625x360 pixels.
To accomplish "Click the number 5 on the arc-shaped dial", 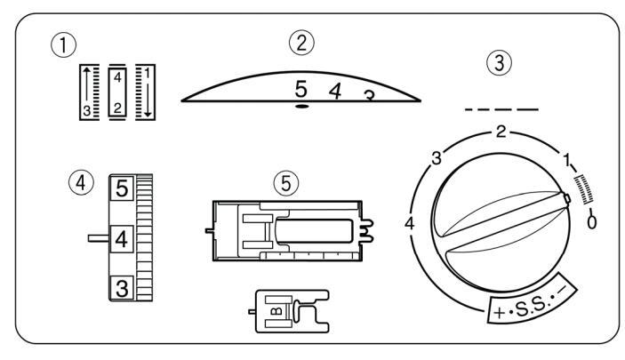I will tap(302, 89).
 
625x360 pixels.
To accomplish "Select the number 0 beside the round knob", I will tap(592, 220).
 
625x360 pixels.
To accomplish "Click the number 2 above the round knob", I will tap(501, 132).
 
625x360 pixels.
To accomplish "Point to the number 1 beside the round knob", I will tap(566, 162).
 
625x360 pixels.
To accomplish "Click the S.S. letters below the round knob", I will tap(530, 308).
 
